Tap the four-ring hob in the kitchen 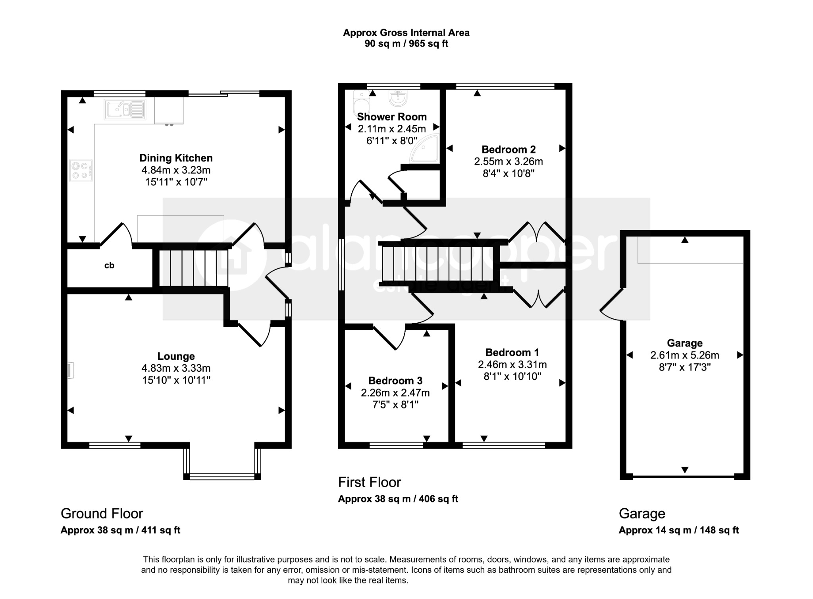coord(81,171)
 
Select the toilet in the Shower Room coord(361,103)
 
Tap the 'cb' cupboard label coord(109,266)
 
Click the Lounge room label coord(176,356)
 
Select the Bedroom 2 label coord(509,149)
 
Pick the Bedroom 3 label coord(395,381)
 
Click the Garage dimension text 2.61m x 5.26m coord(684,355)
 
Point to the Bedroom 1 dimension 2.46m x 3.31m coord(512,364)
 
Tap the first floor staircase coord(439,264)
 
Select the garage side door coord(612,304)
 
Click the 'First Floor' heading coord(369,482)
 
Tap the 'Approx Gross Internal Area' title coord(406,33)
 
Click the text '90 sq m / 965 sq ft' coord(406,44)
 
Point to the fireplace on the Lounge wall coord(70,370)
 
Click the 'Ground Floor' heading coord(102,514)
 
